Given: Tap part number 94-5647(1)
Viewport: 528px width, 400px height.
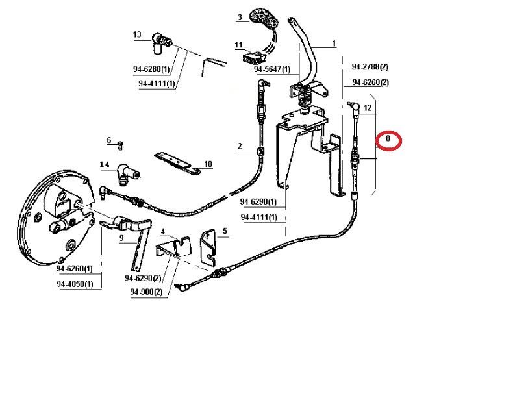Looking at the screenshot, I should (x=271, y=69).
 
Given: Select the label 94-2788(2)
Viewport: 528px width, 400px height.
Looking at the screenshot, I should (x=370, y=67).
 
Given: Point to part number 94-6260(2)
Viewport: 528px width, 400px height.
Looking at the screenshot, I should (x=370, y=82).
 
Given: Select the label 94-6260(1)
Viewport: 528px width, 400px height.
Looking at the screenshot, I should (x=75, y=269).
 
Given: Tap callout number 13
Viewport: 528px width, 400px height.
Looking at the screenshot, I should (x=137, y=34).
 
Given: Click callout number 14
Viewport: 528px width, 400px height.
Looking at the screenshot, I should (x=104, y=166).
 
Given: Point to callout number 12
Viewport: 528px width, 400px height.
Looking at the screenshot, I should (x=368, y=109).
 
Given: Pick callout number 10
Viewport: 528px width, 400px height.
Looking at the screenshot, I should (x=208, y=164).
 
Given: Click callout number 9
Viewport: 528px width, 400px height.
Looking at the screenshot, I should (x=121, y=238).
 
